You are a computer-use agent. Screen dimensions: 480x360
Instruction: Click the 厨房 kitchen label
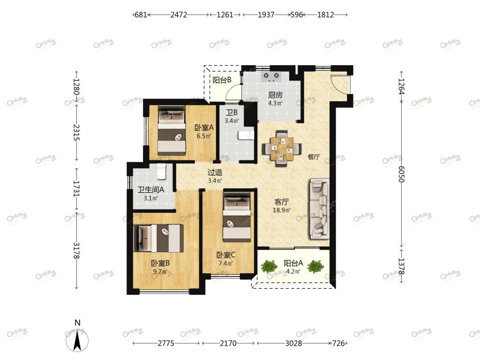point(275,95)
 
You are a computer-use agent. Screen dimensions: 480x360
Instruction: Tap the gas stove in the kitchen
point(271,76)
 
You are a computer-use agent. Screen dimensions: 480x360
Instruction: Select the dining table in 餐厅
point(282,149)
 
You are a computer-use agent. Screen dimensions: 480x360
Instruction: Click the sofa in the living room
point(319,209)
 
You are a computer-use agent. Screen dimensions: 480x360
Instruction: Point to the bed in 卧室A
point(172,131)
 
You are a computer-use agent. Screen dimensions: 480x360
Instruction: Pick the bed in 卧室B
point(158,238)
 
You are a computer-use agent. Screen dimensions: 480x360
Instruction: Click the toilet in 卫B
point(246,135)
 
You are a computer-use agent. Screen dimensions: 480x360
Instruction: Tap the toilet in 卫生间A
point(161,172)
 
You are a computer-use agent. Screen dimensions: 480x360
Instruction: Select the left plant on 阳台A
point(269,266)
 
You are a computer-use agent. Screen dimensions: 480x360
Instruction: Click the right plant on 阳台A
point(315,266)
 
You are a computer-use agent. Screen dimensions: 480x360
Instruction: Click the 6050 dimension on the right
point(401,174)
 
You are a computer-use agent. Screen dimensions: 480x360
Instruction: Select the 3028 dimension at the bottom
point(293,343)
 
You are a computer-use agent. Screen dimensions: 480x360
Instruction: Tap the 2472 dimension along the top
point(179,15)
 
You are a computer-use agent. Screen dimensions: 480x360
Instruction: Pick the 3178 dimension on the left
point(76,250)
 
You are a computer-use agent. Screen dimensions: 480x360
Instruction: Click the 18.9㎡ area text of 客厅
point(282,210)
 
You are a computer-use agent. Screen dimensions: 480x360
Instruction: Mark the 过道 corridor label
point(215,172)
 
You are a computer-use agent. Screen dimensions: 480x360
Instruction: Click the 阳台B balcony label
point(222,80)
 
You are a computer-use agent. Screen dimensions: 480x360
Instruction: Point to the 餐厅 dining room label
point(314,157)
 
